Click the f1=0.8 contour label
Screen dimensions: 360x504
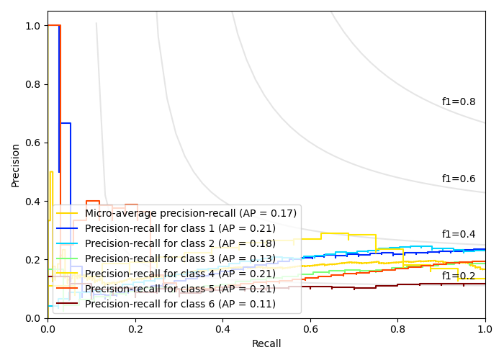pyautogui.click(x=458, y=102)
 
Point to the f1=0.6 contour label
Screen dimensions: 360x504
pyautogui.click(x=458, y=179)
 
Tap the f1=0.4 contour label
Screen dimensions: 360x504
pyautogui.click(x=458, y=235)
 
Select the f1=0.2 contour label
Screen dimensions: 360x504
pyautogui.click(x=458, y=276)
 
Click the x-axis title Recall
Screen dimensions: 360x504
pyautogui.click(x=266, y=344)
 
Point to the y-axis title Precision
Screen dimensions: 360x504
pyautogui.click(x=16, y=165)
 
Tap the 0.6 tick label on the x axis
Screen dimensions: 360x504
pyautogui.click(x=310, y=328)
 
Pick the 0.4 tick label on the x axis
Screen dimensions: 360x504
pyautogui.click(x=222, y=328)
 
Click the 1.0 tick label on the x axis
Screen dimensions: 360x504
pyautogui.click(x=485, y=328)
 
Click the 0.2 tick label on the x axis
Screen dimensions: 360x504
pyautogui.click(x=135, y=328)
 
